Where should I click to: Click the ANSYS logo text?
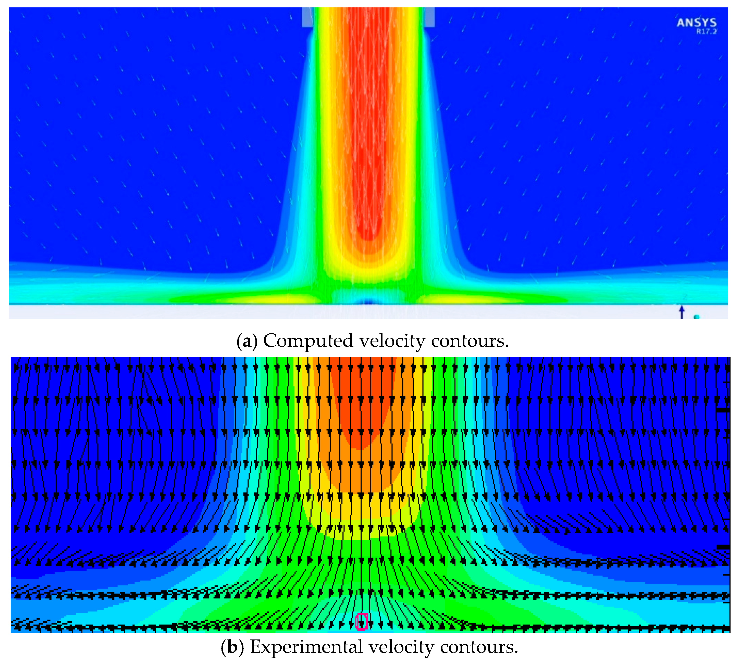pyautogui.click(x=696, y=23)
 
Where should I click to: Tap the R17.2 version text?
pyautogui.click(x=706, y=32)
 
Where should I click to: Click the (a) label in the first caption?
pyautogui.click(x=247, y=341)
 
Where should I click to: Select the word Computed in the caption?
pyautogui.click(x=308, y=341)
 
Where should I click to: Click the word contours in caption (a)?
pyautogui.click(x=470, y=341)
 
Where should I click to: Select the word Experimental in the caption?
pyautogui.click(x=306, y=647)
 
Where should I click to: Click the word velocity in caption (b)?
pyautogui.click(x=401, y=647)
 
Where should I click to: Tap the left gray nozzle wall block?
pyautogui.click(x=307, y=17)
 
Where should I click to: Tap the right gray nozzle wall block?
pyautogui.click(x=429, y=17)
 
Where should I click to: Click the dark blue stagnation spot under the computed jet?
pyautogui.click(x=368, y=302)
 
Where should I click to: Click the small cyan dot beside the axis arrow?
pyautogui.click(x=696, y=317)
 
